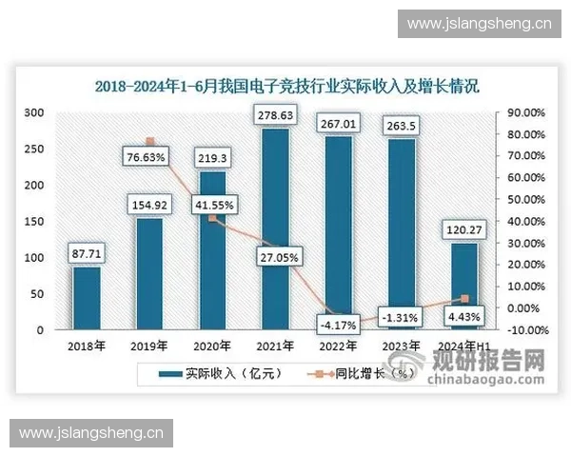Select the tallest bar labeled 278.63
(x=275, y=228)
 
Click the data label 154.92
(x=149, y=206)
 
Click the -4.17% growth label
(x=338, y=325)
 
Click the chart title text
(x=285, y=85)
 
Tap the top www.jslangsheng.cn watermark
(x=472, y=22)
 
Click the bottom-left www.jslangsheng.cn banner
(x=91, y=433)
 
